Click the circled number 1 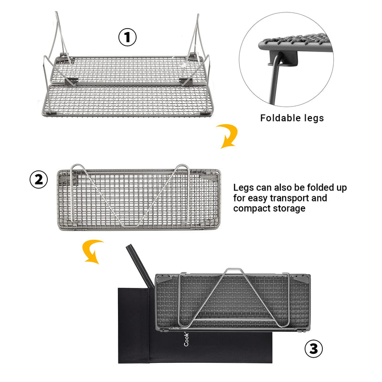pos(127,37)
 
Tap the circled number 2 pos(39,180)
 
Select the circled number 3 pos(313,349)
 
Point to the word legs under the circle pos(313,118)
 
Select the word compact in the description pos(252,208)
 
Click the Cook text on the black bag pos(186,340)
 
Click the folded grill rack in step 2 pos(138,198)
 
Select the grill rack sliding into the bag pos(234,301)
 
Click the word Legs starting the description pos(244,187)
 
